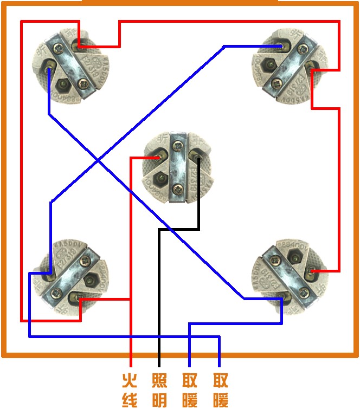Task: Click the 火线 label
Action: (130, 389)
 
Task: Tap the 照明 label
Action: (159, 389)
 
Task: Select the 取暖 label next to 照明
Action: (190, 389)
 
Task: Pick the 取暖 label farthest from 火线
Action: (220, 389)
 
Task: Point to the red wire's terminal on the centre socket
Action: (158, 158)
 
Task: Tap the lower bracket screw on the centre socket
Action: (177, 189)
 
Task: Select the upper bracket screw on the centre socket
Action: (178, 145)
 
